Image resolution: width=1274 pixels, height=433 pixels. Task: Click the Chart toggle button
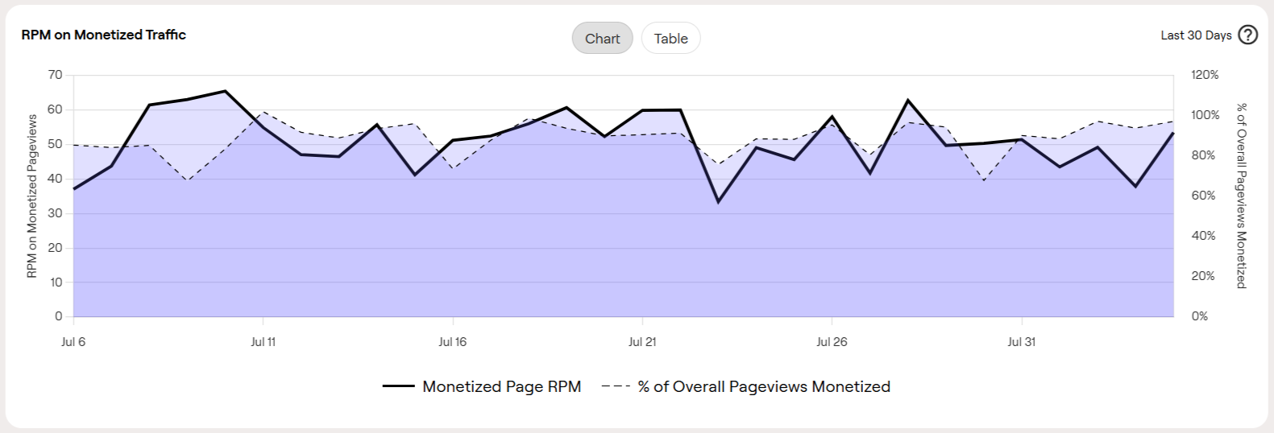[602, 39]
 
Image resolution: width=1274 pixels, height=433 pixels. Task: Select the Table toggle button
[670, 39]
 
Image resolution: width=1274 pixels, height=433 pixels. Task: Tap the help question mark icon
[1247, 35]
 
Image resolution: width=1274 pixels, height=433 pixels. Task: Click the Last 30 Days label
[1196, 35]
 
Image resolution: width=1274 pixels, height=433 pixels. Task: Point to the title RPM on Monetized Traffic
[104, 35]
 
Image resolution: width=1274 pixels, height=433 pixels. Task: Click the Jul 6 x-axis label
[73, 342]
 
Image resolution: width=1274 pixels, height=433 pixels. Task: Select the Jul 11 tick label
[264, 342]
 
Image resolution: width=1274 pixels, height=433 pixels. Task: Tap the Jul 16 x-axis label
[453, 342]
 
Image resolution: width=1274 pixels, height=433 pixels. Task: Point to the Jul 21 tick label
[642, 342]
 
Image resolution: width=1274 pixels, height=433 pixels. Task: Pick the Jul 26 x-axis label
[832, 342]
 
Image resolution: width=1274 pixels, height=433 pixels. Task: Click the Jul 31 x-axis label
[1022, 342]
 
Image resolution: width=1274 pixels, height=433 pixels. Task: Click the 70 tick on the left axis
[55, 75]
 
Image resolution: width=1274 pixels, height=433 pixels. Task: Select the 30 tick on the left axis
[55, 213]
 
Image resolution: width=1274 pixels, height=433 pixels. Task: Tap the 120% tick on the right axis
[1205, 75]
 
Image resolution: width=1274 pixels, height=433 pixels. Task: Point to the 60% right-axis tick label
[1203, 196]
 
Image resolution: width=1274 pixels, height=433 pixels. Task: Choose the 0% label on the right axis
[1200, 316]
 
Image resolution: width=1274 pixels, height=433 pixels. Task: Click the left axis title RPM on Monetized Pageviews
[32, 196]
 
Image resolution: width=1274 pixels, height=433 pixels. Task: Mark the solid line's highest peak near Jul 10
[225, 91]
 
